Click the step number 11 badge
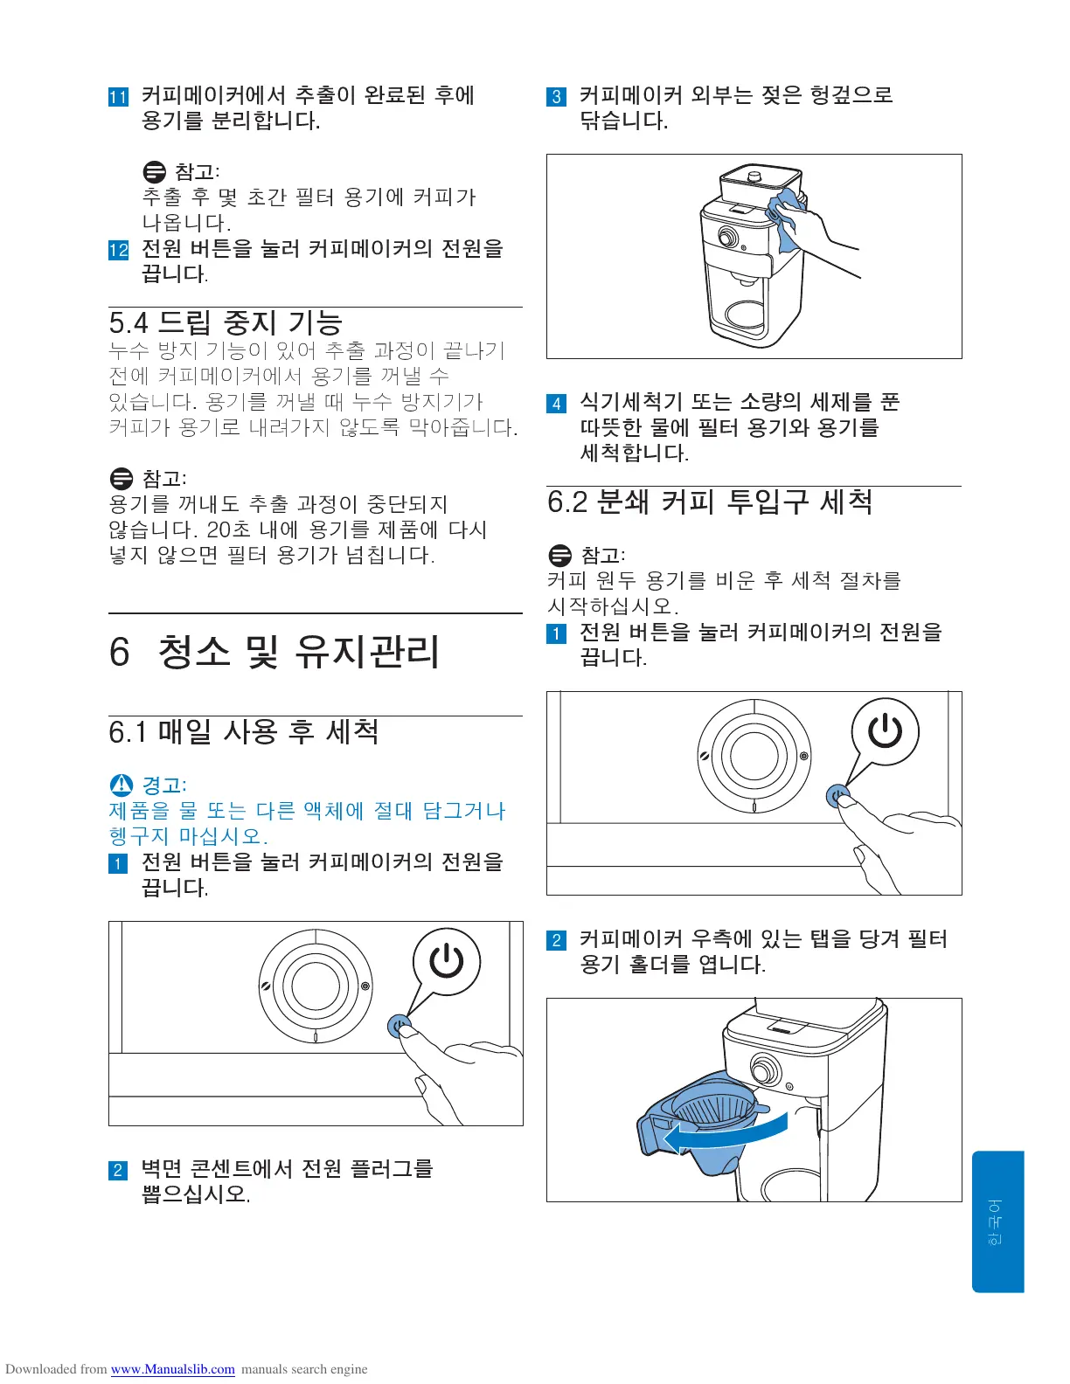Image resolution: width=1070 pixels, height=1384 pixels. (119, 97)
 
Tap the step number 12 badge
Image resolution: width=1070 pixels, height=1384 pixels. (119, 250)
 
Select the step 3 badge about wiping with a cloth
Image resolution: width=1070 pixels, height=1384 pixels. (556, 97)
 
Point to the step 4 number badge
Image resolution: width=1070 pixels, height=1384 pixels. (556, 403)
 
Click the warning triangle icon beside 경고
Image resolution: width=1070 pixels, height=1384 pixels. (122, 785)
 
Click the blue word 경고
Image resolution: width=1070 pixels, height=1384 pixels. (163, 785)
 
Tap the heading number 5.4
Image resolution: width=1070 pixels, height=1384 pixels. (129, 323)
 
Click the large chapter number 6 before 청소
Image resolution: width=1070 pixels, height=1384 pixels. (119, 652)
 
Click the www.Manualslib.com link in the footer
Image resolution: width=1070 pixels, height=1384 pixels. (173, 1369)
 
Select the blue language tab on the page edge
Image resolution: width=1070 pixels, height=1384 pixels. (997, 1221)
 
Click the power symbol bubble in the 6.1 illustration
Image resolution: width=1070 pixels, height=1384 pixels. (446, 962)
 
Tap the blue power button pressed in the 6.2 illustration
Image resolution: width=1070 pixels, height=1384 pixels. (838, 795)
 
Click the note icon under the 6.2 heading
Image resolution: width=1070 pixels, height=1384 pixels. (560, 556)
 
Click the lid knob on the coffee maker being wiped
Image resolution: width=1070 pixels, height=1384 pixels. (754, 175)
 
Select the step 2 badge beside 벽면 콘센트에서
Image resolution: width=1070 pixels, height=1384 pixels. (119, 1170)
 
